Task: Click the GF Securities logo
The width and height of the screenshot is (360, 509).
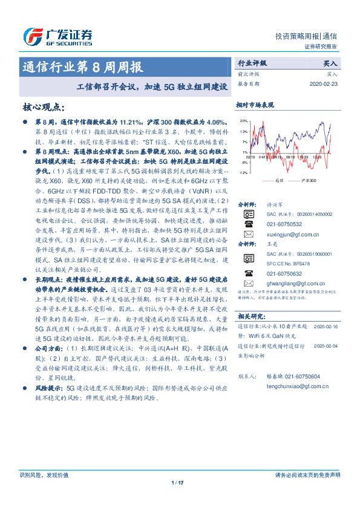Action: point(57,35)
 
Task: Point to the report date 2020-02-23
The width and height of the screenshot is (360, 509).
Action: point(326,83)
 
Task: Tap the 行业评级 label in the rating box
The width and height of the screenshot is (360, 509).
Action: point(252,62)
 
